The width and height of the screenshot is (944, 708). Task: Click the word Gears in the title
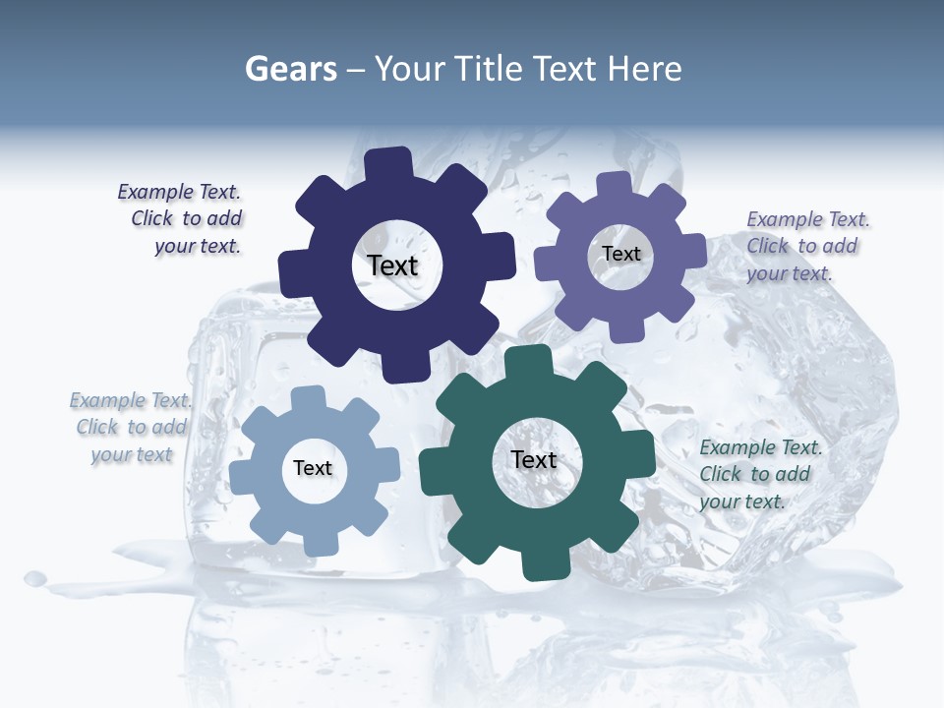[x=291, y=69]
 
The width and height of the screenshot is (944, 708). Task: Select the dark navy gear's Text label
[x=393, y=265]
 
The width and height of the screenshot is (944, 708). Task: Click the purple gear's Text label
[x=621, y=254]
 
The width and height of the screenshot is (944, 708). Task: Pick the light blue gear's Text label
[x=313, y=468]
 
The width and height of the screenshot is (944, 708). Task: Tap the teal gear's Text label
[x=534, y=459]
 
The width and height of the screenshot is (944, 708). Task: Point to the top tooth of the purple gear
[x=615, y=185]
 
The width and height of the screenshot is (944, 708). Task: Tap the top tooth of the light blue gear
[x=308, y=398]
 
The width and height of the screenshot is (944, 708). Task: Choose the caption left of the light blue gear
[x=131, y=427]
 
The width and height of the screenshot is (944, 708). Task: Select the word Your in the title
[x=411, y=69]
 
